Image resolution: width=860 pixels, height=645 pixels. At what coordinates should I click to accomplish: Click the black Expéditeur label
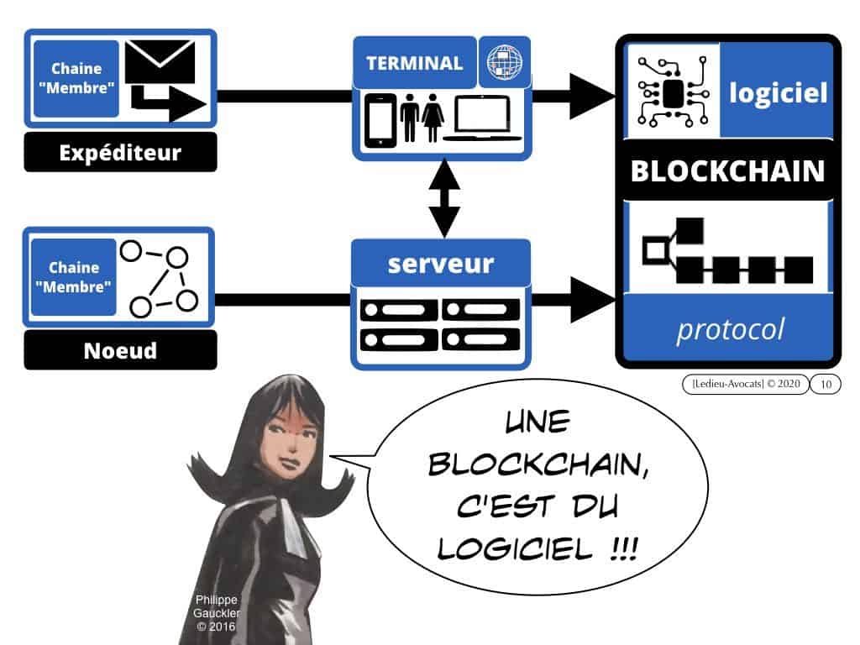coord(120,152)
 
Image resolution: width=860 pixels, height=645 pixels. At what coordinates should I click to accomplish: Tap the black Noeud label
coord(120,350)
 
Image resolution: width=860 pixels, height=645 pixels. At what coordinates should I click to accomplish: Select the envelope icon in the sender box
coord(160,61)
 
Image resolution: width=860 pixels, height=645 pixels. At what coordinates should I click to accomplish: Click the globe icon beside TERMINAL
coord(505,62)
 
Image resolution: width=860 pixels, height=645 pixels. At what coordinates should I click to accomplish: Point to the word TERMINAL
coord(415,63)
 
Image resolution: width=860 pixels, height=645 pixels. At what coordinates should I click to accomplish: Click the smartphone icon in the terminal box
coord(380,121)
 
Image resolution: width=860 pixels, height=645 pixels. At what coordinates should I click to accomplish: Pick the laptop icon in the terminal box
coord(482,118)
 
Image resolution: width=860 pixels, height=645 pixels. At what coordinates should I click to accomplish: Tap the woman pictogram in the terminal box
coord(433,118)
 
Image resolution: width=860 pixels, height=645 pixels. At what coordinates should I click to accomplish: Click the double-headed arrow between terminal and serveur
coord(443,198)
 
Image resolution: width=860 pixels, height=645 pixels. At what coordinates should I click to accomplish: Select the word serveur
coord(441,264)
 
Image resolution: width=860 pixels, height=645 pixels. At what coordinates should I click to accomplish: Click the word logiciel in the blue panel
coord(778,92)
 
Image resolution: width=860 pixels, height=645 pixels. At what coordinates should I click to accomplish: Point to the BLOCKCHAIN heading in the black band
coord(727,170)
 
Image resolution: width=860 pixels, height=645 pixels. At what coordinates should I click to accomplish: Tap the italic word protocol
coord(730,330)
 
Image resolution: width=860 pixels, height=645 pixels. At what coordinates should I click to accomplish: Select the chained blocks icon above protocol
coord(727,250)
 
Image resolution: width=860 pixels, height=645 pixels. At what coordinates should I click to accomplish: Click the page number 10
coord(826,384)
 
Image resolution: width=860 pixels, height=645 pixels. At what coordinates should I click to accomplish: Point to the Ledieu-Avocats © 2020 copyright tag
coord(746,384)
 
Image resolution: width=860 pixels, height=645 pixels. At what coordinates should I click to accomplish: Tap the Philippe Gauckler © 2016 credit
coord(217,613)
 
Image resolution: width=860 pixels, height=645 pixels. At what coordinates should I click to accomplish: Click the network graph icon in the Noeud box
coord(159,279)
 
